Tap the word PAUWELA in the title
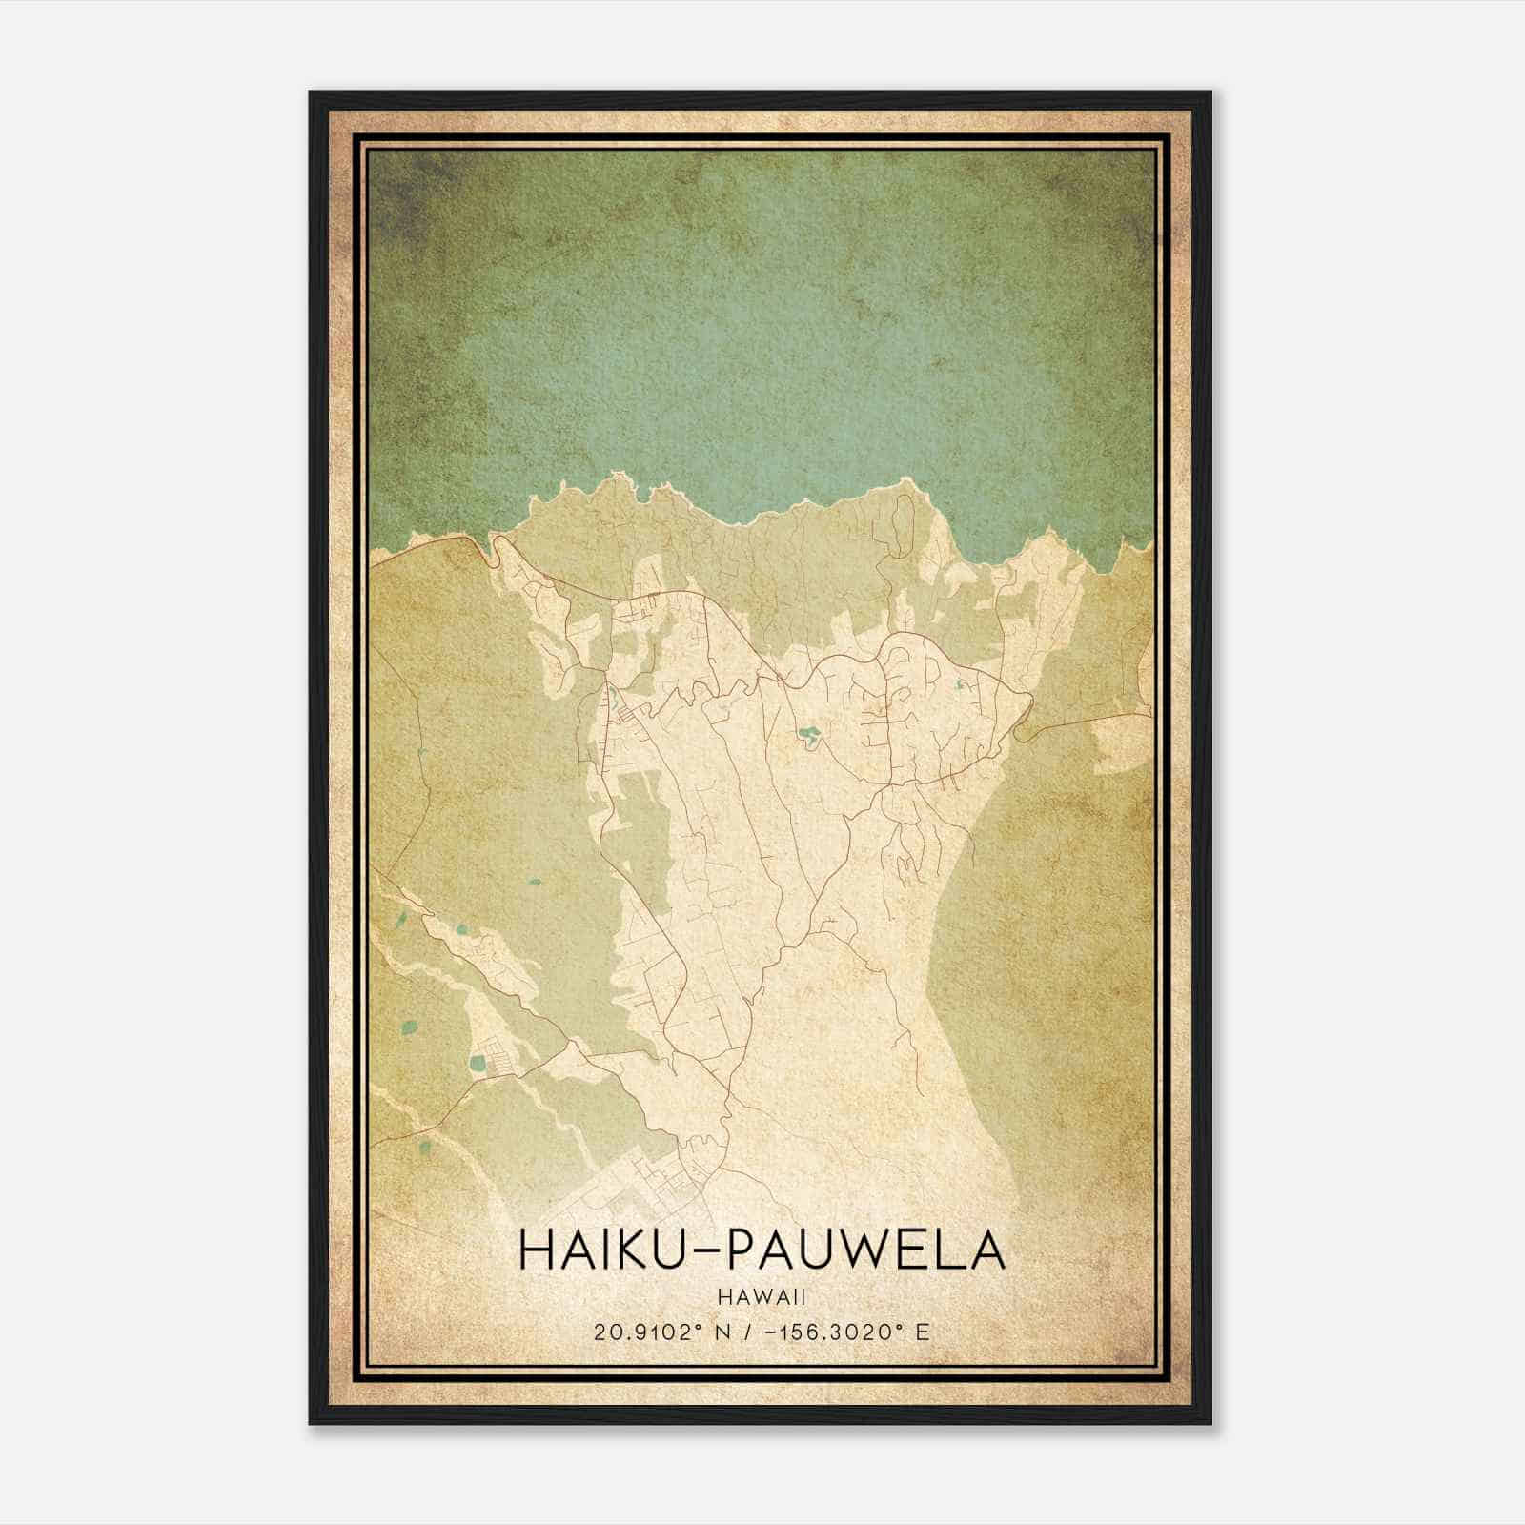pos(865,1250)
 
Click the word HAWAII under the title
pos(762,1296)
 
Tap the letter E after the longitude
pos(922,1332)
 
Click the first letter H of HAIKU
pos(536,1250)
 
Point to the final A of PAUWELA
pos(986,1250)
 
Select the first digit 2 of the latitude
pos(600,1332)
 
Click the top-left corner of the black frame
pos(311,92)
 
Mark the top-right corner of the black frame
pos(1210,92)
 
